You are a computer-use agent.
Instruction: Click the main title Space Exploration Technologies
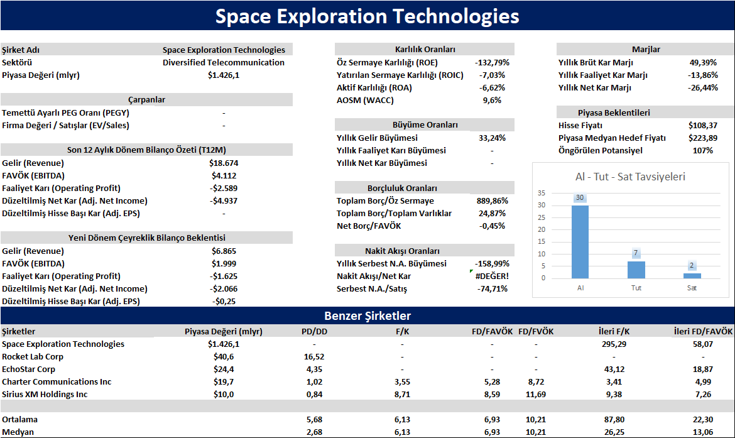367,16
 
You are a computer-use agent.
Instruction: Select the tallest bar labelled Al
580,242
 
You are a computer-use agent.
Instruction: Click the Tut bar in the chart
636,270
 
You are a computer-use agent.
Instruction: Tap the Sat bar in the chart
692,276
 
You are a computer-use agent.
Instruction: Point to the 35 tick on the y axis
542,193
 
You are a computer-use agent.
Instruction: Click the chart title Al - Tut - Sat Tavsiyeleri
630,177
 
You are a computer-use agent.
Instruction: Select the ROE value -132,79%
492,62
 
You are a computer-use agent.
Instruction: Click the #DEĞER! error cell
492,276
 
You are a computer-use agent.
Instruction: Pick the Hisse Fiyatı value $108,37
703,125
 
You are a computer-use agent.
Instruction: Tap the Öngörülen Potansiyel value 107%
703,151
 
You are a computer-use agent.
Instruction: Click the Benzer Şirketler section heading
367,315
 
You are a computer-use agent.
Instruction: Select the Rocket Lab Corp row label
32,356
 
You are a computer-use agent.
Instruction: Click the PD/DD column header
315,332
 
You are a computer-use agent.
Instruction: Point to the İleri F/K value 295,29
614,344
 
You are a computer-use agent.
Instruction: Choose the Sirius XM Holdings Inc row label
45,395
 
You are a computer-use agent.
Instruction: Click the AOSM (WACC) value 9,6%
492,100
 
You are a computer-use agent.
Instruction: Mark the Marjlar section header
645,49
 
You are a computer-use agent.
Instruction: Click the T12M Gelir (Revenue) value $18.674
224,163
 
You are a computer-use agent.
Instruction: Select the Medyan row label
18,432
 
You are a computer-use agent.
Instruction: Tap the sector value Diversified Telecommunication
224,62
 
